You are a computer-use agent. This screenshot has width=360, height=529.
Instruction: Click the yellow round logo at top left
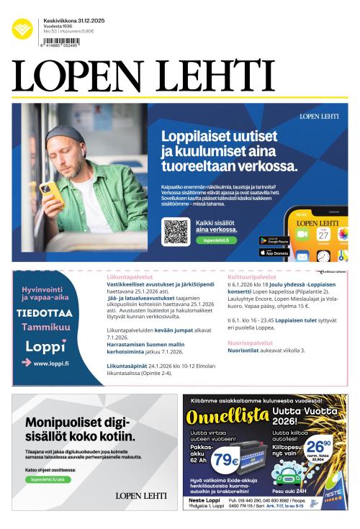tap(22, 29)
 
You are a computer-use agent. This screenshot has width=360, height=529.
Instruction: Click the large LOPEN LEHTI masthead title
tap(143, 76)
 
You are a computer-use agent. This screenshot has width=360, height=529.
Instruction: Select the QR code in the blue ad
tap(176, 231)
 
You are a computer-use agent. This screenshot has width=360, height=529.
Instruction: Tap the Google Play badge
tap(274, 240)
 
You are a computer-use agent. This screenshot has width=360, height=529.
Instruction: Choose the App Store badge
tap(274, 252)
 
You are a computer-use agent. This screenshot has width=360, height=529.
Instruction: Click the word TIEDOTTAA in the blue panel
tap(45, 313)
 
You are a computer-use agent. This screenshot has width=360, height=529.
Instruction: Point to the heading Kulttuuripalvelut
tap(251, 276)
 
